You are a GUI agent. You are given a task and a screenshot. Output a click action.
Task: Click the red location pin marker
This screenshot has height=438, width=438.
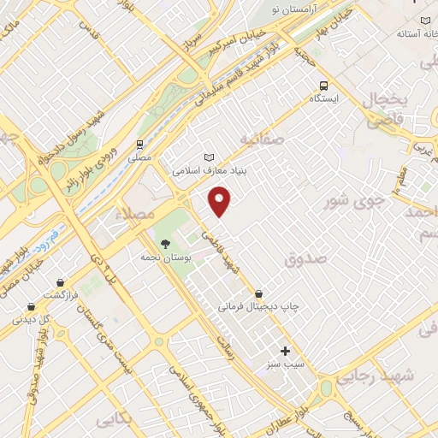(x=221, y=200)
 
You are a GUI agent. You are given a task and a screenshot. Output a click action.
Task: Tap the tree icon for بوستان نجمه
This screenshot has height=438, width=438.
(x=164, y=243)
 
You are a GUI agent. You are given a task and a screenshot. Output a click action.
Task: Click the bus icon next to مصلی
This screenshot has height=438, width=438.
(x=139, y=145)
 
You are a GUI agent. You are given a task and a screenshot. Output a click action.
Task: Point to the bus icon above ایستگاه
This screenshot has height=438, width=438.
(x=323, y=86)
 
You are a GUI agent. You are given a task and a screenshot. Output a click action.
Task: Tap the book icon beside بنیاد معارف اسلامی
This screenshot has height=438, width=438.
(x=209, y=157)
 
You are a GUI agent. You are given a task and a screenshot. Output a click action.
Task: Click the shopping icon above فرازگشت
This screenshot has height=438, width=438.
(x=60, y=281)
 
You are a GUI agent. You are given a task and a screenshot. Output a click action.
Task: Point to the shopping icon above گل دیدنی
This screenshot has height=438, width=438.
(x=31, y=306)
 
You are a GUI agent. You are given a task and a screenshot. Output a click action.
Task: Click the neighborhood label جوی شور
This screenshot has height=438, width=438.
(x=351, y=202)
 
